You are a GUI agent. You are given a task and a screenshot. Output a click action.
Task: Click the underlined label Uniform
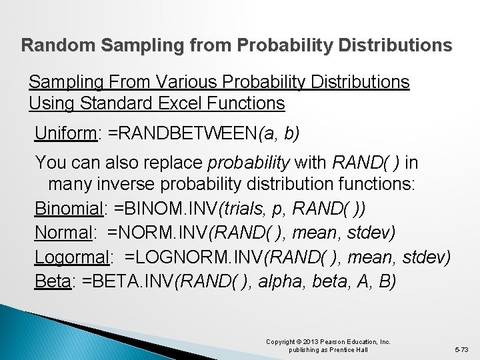point(66,133)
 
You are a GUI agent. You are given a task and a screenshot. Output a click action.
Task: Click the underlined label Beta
point(53,281)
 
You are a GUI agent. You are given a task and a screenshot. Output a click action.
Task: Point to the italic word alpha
point(278,281)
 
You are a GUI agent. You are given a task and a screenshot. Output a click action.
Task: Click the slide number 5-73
point(461,349)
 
